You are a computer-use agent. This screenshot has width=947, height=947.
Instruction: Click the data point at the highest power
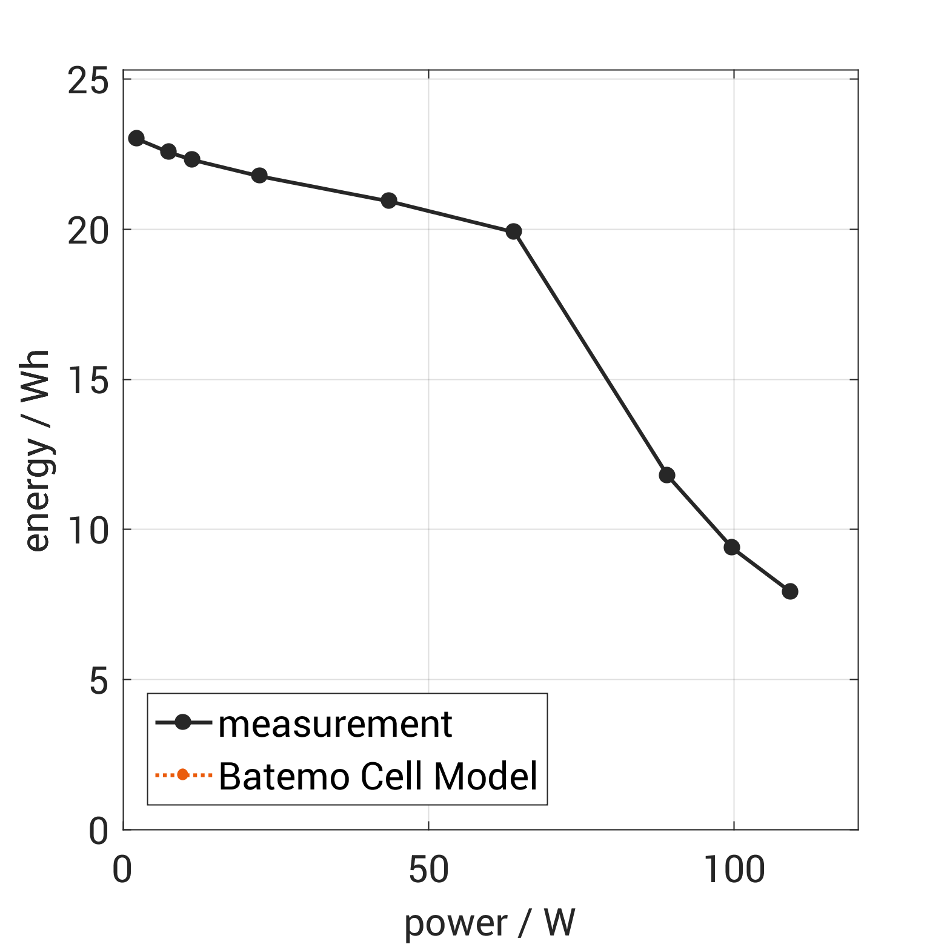789,591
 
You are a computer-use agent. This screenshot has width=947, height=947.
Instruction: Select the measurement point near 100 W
731,547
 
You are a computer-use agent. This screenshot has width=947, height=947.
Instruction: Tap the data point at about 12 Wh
666,475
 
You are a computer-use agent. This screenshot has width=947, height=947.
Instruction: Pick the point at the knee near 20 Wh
514,231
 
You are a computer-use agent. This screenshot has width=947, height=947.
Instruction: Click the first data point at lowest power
136,138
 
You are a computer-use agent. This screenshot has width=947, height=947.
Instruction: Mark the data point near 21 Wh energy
389,201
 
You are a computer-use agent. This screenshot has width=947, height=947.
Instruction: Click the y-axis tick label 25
88,81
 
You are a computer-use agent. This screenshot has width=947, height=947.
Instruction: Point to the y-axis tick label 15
88,381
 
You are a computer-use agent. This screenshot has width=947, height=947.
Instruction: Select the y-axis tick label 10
88,531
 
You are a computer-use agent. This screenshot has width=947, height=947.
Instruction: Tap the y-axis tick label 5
99,681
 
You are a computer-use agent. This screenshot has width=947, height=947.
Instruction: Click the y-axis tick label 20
88,231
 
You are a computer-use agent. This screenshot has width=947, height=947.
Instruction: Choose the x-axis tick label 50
428,869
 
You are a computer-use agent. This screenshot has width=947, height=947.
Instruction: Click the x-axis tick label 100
734,869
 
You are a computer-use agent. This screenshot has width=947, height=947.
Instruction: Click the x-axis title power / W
490,923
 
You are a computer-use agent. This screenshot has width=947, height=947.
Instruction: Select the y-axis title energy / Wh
38,451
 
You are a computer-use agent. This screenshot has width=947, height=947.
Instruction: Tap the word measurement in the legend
335,724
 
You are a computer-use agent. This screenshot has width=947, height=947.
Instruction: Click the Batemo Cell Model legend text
378,776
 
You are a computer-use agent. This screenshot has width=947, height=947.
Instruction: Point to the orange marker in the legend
183,775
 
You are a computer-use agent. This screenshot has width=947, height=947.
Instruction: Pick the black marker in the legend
183,722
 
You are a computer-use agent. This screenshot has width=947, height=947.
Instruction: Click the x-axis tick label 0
122,869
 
